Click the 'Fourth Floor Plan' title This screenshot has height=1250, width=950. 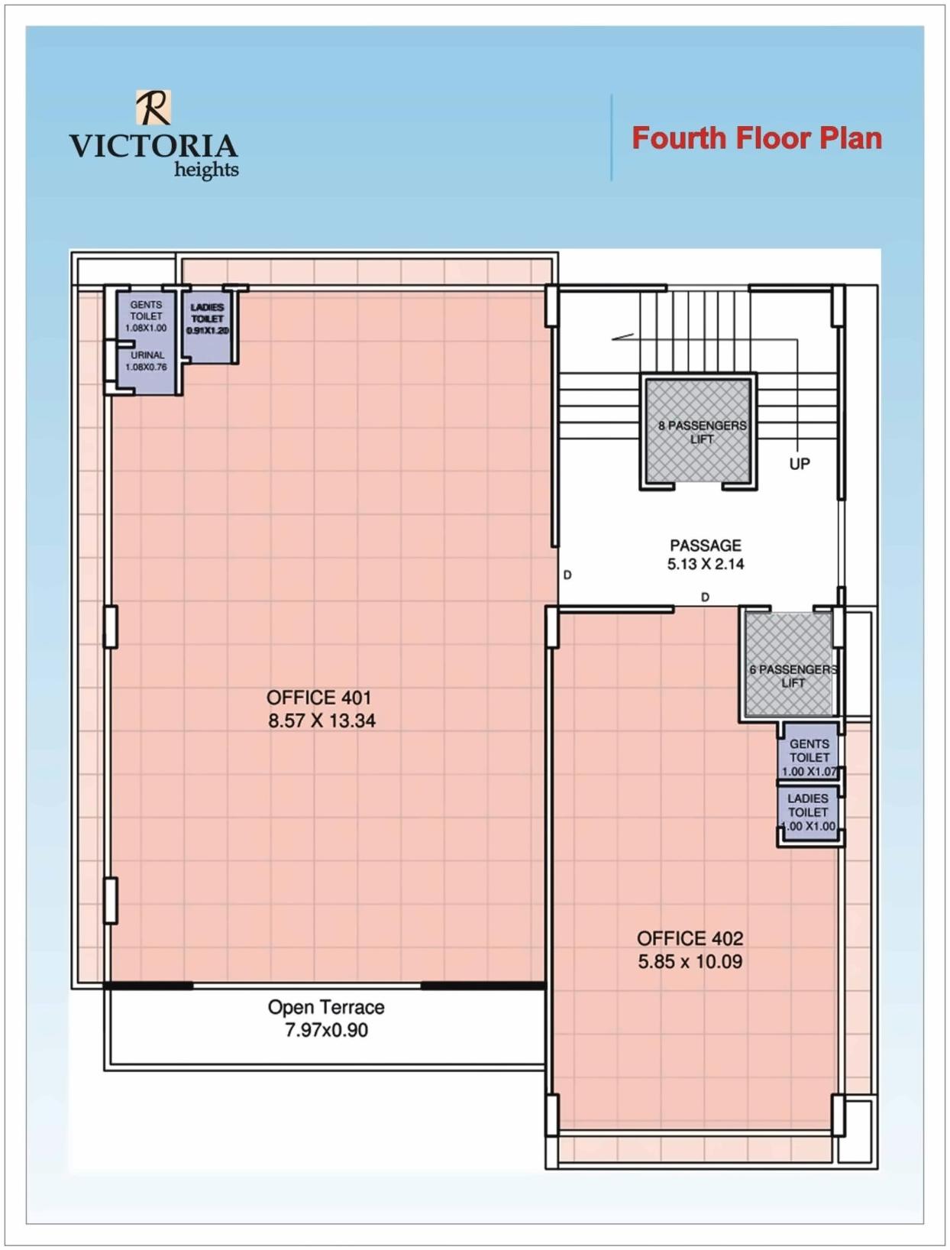tap(756, 138)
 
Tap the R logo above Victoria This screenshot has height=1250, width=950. tap(153, 107)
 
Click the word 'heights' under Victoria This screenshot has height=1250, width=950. tap(206, 170)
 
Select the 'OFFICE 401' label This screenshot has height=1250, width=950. tap(318, 698)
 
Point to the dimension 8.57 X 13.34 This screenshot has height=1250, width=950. tap(322, 721)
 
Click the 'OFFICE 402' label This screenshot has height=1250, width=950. tap(690, 938)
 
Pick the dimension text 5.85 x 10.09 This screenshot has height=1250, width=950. tap(690, 961)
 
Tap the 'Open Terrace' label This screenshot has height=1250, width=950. tap(326, 1007)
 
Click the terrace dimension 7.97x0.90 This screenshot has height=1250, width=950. tap(326, 1030)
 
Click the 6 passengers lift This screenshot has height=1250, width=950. tap(790, 675)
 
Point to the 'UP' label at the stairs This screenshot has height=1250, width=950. tap(800, 464)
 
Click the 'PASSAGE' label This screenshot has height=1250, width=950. tap(705, 546)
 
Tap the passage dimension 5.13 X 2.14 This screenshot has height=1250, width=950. tap(705, 564)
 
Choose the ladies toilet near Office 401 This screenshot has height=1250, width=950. tap(208, 319)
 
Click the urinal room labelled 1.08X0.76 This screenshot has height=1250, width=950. tap(147, 362)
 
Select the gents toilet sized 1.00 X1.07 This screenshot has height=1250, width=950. tap(809, 756)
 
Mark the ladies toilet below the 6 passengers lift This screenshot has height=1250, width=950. tap(809, 812)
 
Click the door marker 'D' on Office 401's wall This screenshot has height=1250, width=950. tap(567, 575)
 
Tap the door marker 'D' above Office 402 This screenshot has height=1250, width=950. tap(705, 597)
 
